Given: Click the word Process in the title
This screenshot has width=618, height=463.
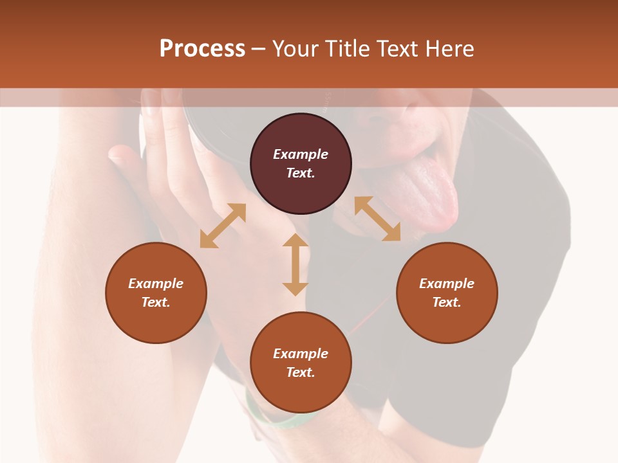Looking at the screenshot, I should tap(202, 49).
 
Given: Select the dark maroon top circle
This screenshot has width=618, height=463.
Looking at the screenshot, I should tap(301, 163).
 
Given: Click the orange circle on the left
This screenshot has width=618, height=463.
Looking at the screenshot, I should tap(156, 293).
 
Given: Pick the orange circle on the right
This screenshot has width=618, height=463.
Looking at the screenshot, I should tap(447, 293).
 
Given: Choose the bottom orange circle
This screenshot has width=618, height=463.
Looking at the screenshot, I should tap(301, 363).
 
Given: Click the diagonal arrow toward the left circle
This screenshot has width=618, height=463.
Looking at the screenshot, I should tap(223, 226).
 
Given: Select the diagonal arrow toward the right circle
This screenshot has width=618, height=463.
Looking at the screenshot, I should tap(377, 219).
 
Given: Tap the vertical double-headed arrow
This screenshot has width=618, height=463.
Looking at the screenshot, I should tap(295, 264).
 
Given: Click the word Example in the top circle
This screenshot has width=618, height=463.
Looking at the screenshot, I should tap(301, 154).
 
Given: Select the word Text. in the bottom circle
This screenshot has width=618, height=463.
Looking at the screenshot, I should tap(301, 372).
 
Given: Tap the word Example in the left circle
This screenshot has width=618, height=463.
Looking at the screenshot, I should tap(156, 284).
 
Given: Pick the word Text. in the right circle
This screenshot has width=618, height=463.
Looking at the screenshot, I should tap(447, 302).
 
